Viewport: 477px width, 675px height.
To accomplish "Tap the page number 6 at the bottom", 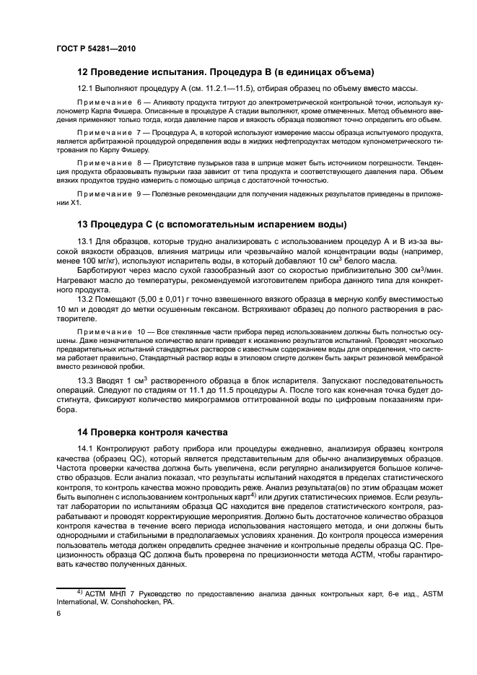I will tap(58, 613).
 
